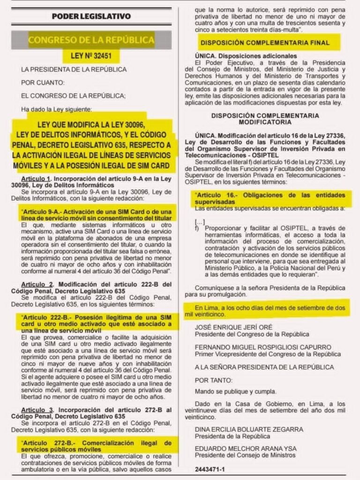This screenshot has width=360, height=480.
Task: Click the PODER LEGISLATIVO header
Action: pyautogui.click(x=91, y=16)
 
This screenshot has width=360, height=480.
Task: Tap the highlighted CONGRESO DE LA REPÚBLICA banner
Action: pyautogui.click(x=91, y=39)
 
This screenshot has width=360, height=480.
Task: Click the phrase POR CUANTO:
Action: pyautogui.click(x=43, y=82)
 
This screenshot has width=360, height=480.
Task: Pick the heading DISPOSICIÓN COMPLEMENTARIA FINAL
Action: pyautogui.click(x=264, y=43)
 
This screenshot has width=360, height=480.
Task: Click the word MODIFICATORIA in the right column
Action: pyautogui.click(x=265, y=121)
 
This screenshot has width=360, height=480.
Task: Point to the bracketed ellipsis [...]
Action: pyautogui.click(x=200, y=221)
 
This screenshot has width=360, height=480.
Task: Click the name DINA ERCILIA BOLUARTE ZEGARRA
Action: pyautogui.click(x=249, y=429)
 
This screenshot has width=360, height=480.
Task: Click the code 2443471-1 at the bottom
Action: pyautogui.click(x=210, y=469)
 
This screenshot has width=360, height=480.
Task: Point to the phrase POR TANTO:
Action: pyautogui.click(x=210, y=380)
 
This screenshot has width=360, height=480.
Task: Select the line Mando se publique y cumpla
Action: pyautogui.click(x=235, y=391)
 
